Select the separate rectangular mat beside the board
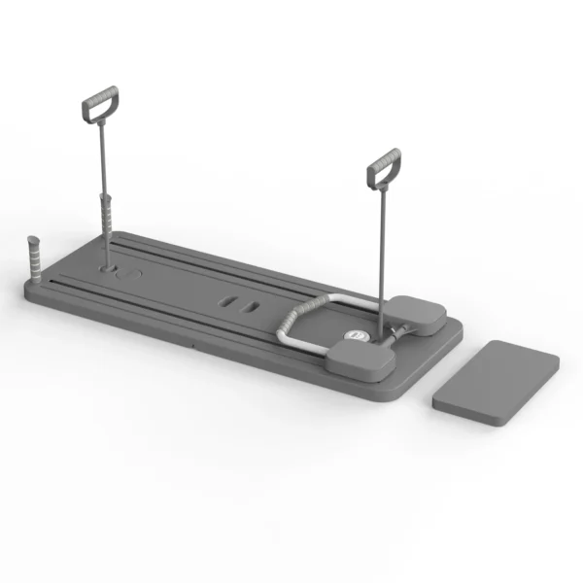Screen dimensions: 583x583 496,381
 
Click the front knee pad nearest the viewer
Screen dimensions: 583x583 360,360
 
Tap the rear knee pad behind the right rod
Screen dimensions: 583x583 418,313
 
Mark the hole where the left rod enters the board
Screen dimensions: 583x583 106,265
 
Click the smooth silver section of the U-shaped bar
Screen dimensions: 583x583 340,300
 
